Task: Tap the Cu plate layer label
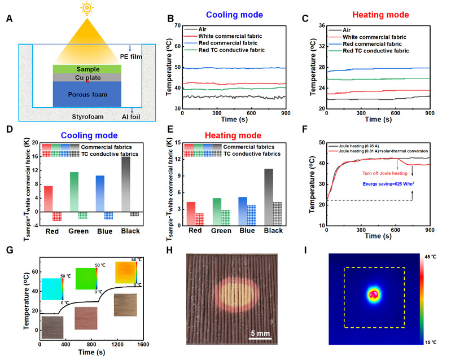coord(84,77)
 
